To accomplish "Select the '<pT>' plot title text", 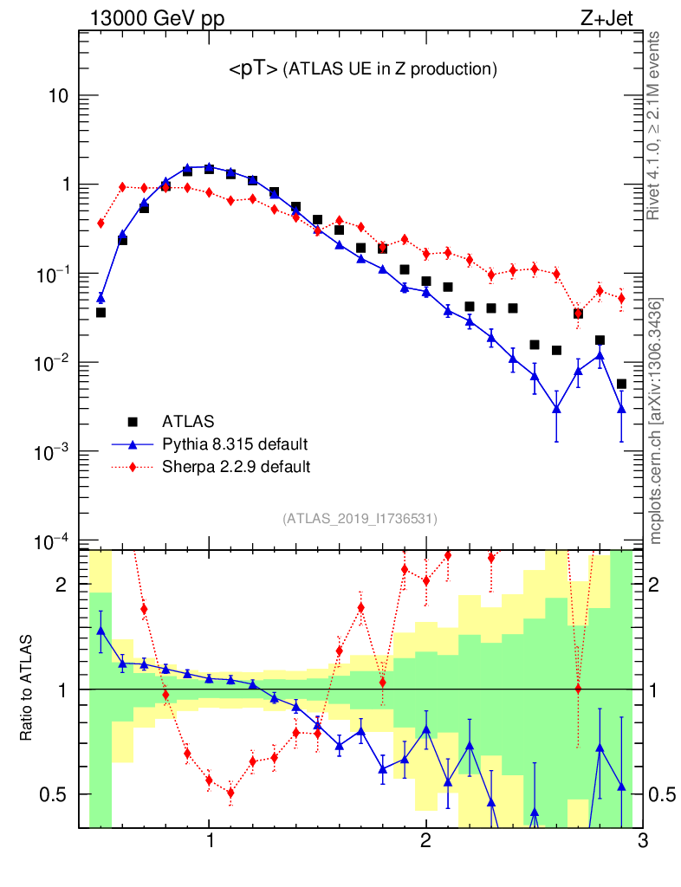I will coord(253,70).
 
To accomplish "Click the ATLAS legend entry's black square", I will coord(133,422).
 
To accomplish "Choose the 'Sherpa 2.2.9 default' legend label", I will coord(237,467).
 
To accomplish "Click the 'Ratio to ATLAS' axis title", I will coord(28,689).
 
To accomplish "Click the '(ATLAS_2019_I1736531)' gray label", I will coord(360,519).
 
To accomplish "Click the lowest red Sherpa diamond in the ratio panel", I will coord(230,793).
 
